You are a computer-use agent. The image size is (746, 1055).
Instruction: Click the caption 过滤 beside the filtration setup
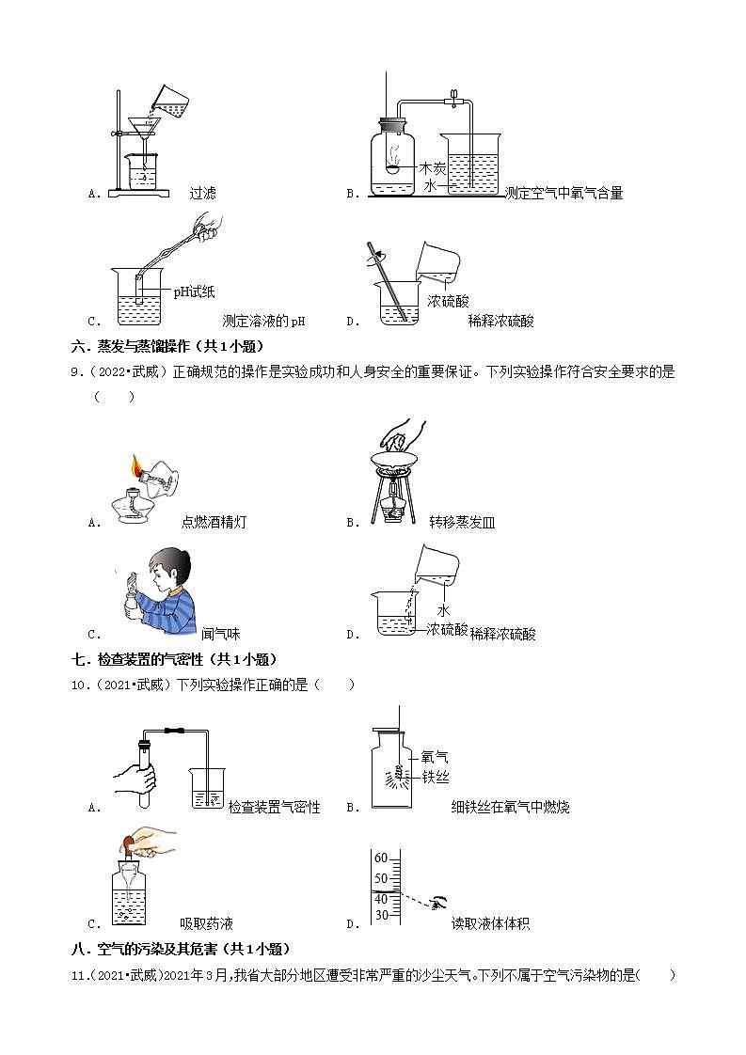click(202, 193)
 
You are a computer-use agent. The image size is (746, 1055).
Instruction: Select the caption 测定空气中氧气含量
click(563, 193)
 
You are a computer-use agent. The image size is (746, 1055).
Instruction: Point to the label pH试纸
click(194, 292)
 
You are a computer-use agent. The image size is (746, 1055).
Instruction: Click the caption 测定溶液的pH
click(263, 321)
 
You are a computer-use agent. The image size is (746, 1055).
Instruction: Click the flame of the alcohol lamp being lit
click(137, 465)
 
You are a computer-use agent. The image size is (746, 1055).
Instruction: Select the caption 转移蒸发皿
click(462, 522)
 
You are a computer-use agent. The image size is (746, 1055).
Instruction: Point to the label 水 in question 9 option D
click(444, 610)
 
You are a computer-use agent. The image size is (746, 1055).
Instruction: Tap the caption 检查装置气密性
click(274, 807)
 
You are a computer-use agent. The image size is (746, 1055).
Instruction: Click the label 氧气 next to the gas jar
click(435, 756)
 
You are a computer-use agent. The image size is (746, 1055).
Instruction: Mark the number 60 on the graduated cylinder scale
click(381, 858)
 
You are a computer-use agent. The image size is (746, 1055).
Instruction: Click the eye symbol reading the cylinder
click(437, 904)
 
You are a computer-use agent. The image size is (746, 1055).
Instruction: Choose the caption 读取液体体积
click(490, 923)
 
